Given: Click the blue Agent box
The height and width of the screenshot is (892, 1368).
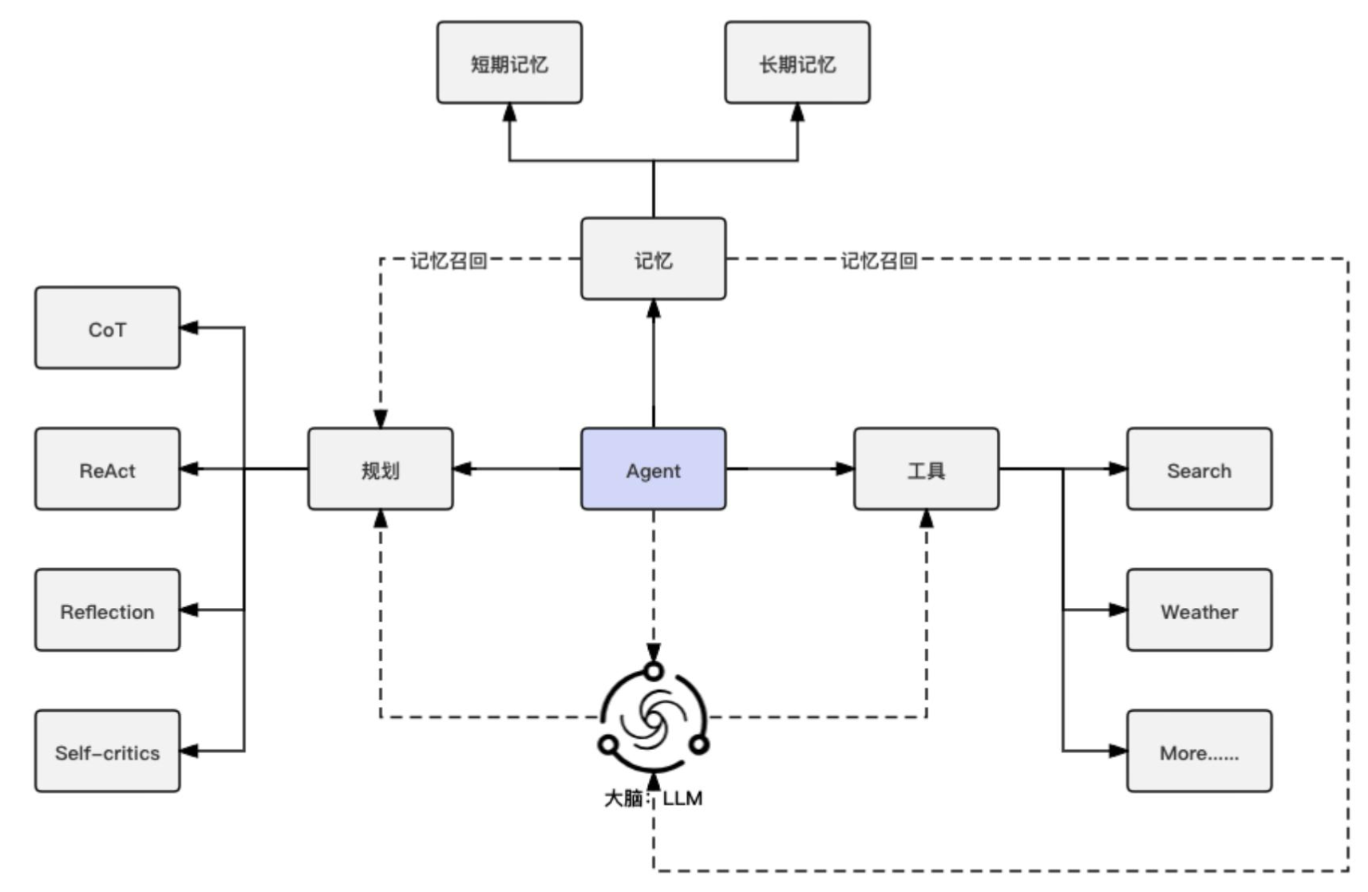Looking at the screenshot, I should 653,469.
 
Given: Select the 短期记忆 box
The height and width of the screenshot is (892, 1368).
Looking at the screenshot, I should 509,63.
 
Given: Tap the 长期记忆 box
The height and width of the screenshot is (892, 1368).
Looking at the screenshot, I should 797,63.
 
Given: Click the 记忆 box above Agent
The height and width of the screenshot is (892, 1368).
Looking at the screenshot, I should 653,259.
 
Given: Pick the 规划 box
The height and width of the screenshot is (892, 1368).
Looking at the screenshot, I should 380,469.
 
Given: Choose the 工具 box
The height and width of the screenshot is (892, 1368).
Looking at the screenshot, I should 926,469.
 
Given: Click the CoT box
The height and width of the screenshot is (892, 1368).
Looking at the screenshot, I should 107,328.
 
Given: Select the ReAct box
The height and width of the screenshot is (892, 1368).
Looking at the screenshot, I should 107,469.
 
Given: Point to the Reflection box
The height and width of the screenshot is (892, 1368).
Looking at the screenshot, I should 107,610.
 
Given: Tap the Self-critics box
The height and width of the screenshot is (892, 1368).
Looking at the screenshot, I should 107,752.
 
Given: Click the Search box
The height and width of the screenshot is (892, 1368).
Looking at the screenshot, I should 1199,469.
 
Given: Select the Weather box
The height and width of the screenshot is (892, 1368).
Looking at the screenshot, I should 1199,610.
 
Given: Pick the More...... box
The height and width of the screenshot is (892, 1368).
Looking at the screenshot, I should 1199,752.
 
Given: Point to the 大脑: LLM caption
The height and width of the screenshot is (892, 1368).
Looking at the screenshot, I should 653,798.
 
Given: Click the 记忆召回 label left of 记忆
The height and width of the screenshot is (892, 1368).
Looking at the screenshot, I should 449,260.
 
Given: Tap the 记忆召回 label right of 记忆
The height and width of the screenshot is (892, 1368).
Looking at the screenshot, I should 879,260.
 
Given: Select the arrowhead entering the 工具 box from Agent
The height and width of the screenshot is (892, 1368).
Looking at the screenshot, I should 845,469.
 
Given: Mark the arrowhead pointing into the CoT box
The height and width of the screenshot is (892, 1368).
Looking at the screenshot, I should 189,328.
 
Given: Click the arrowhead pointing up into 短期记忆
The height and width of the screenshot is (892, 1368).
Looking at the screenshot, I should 509,112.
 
